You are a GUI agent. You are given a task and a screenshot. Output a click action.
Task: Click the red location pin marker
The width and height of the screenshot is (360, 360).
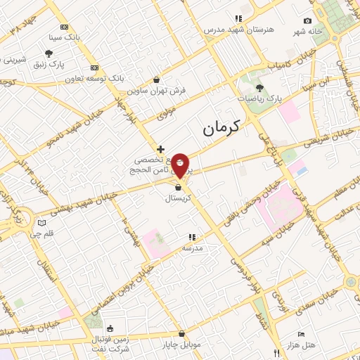pyautogui.click(x=181, y=165)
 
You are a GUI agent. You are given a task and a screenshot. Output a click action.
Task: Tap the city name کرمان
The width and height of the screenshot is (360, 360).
pyautogui.click(x=221, y=127)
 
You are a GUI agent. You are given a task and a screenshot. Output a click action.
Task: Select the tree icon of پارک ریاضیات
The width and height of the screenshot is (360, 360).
pyautogui.click(x=259, y=88)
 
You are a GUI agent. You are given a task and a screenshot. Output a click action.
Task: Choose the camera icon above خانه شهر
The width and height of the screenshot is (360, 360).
pyautogui.click(x=307, y=21)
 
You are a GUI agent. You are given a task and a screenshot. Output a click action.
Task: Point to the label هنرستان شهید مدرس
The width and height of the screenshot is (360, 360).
pyautogui.click(x=238, y=30)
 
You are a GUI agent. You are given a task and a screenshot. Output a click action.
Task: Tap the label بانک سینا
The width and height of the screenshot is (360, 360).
pyautogui.click(x=65, y=36)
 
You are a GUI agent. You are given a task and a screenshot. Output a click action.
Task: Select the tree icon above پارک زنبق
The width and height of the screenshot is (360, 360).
pyautogui.click(x=49, y=53)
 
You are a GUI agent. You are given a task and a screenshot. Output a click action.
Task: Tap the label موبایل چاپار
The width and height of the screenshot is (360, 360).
pyautogui.click(x=181, y=345)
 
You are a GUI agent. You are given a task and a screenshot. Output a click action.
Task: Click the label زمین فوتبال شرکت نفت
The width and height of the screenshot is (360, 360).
pyautogui.click(x=110, y=344)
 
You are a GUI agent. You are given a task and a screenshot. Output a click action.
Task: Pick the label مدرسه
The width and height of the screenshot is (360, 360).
pyautogui.click(x=192, y=248)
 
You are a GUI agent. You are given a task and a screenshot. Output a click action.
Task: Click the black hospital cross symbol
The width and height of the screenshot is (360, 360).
pyautogui.click(x=161, y=149)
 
